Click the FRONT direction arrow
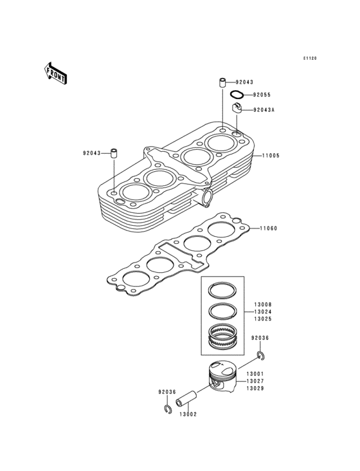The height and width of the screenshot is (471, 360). pyautogui.click(x=55, y=73)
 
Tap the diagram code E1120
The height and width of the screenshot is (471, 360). pyautogui.click(x=310, y=59)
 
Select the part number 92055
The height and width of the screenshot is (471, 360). pyautogui.click(x=262, y=95)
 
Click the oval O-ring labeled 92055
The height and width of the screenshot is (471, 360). pyautogui.click(x=237, y=95)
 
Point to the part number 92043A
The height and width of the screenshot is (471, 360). pyautogui.click(x=264, y=110)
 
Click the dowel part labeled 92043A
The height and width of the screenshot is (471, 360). pyautogui.click(x=237, y=108)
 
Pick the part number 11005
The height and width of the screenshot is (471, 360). pyautogui.click(x=271, y=156)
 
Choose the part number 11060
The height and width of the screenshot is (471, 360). pyautogui.click(x=269, y=228)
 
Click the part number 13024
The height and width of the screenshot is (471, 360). pyautogui.click(x=263, y=312)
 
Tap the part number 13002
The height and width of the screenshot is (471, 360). pyautogui.click(x=188, y=414)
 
